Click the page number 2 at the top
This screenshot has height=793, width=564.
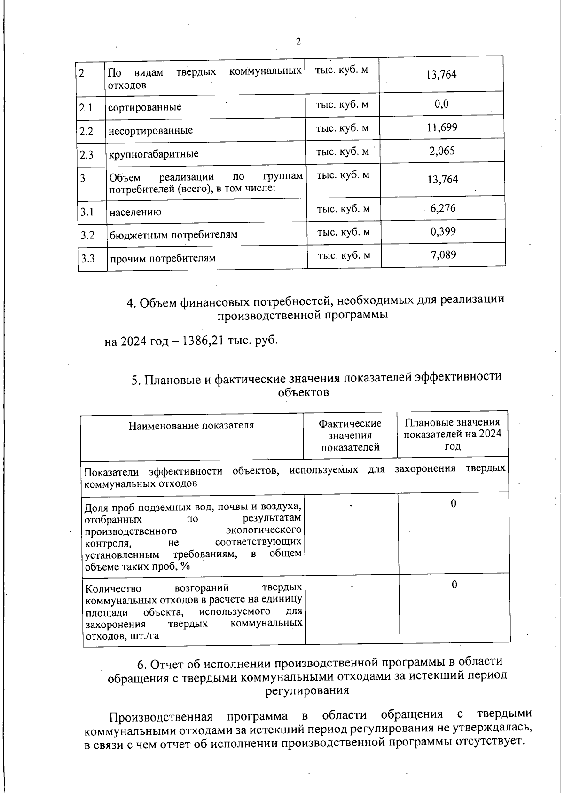(298, 42)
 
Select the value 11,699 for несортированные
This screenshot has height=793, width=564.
(442, 128)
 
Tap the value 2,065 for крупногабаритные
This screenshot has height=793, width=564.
(442, 151)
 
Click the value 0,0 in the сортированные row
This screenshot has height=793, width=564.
(442, 104)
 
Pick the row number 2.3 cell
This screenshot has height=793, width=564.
(86, 154)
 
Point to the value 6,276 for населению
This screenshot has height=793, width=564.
(443, 208)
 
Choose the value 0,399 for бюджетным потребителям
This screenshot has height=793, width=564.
(443, 232)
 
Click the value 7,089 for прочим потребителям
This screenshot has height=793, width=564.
(443, 255)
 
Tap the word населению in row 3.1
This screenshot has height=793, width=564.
(135, 212)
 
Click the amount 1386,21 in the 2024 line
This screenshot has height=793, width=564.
(203, 340)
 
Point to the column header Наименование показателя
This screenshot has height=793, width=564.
(191, 426)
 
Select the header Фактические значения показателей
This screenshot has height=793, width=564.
(350, 436)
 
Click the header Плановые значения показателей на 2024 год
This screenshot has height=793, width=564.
(453, 434)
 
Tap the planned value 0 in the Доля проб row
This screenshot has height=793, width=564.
(454, 504)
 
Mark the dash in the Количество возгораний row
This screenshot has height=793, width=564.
(351, 586)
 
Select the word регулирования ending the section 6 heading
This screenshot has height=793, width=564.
(307, 690)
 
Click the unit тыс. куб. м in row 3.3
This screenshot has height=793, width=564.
(344, 255)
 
